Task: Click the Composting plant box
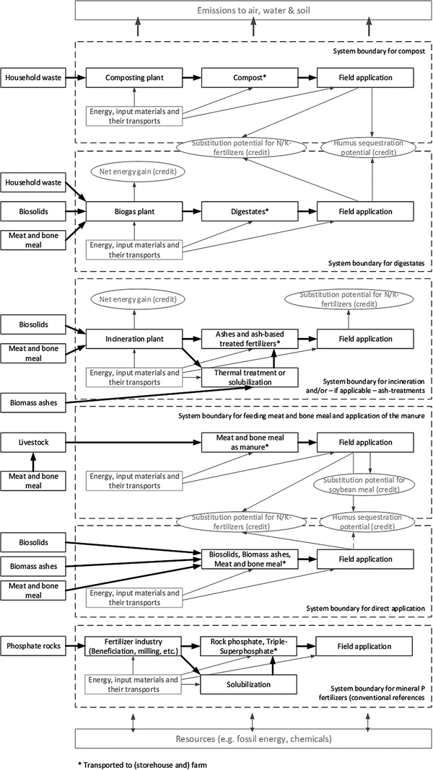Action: (x=132, y=77)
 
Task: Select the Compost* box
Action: (x=249, y=77)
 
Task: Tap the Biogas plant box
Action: (x=132, y=212)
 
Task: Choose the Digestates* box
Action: (x=249, y=212)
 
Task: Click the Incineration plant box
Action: (x=132, y=338)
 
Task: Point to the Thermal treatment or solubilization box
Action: (x=249, y=377)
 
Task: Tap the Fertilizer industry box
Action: (x=132, y=646)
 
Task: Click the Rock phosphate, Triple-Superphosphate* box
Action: (x=249, y=646)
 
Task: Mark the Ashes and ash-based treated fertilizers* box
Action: (x=249, y=338)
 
